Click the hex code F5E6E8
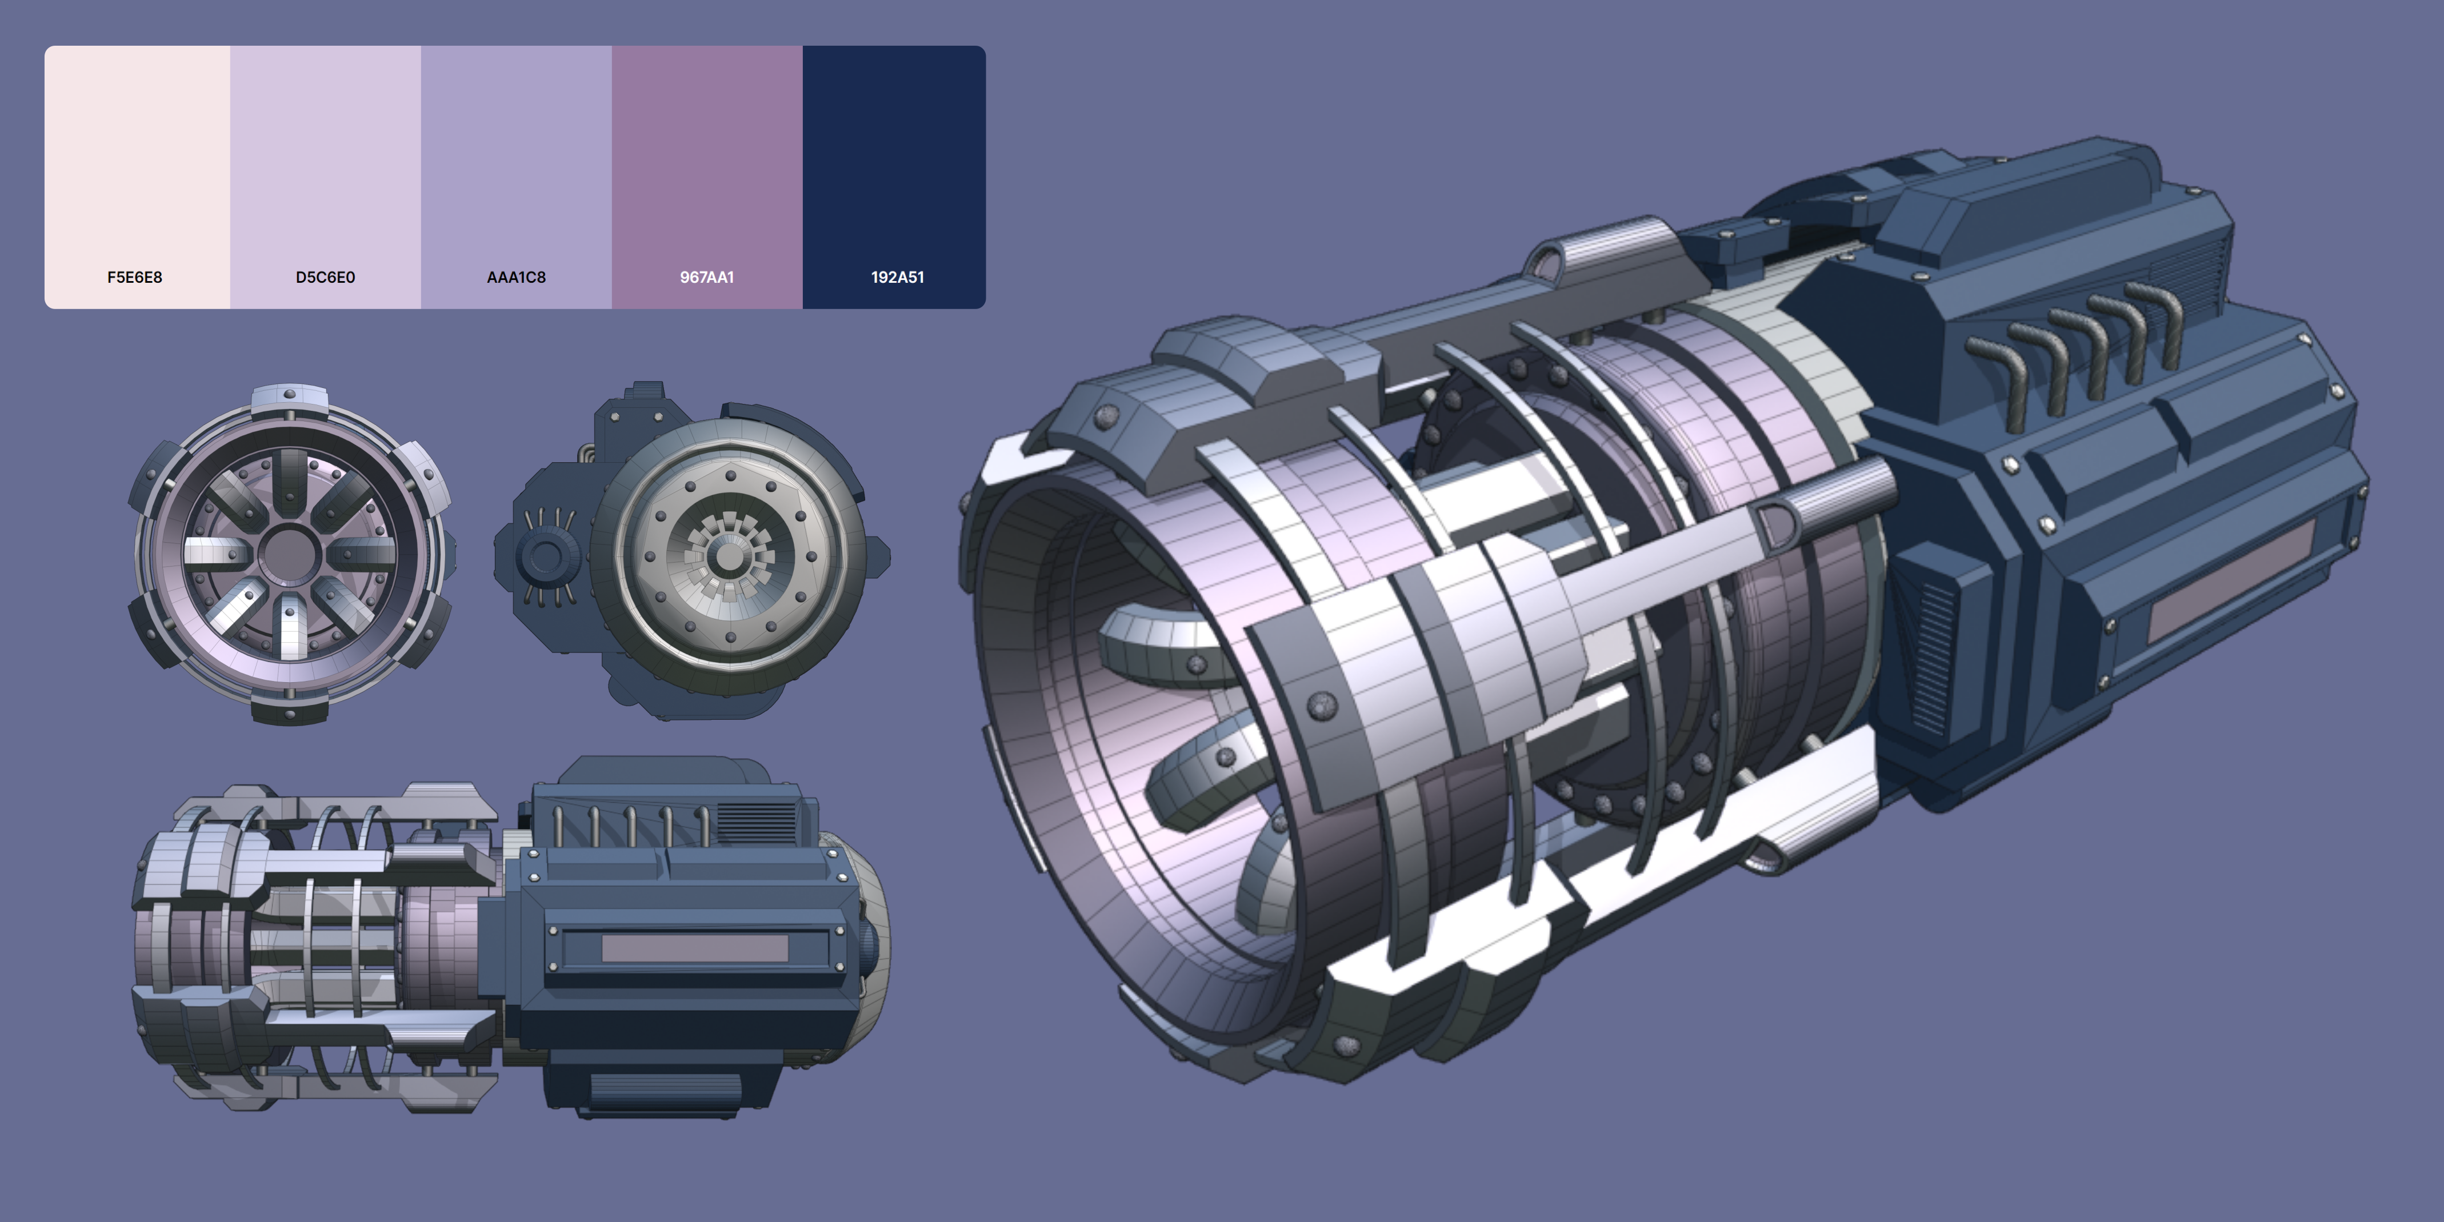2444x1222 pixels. click(x=135, y=277)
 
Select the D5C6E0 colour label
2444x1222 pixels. click(x=325, y=277)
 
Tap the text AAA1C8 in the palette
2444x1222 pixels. click(x=516, y=277)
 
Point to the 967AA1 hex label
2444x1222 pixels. click(x=707, y=277)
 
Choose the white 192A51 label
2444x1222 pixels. click(x=898, y=277)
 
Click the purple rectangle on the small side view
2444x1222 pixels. click(x=694, y=947)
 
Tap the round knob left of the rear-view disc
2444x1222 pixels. click(x=545, y=556)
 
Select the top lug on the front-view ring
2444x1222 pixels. click(x=289, y=396)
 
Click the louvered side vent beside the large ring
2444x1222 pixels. click(x=1931, y=655)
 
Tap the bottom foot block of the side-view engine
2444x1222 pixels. click(x=664, y=1091)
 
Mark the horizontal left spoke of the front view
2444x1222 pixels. click(x=214, y=551)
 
